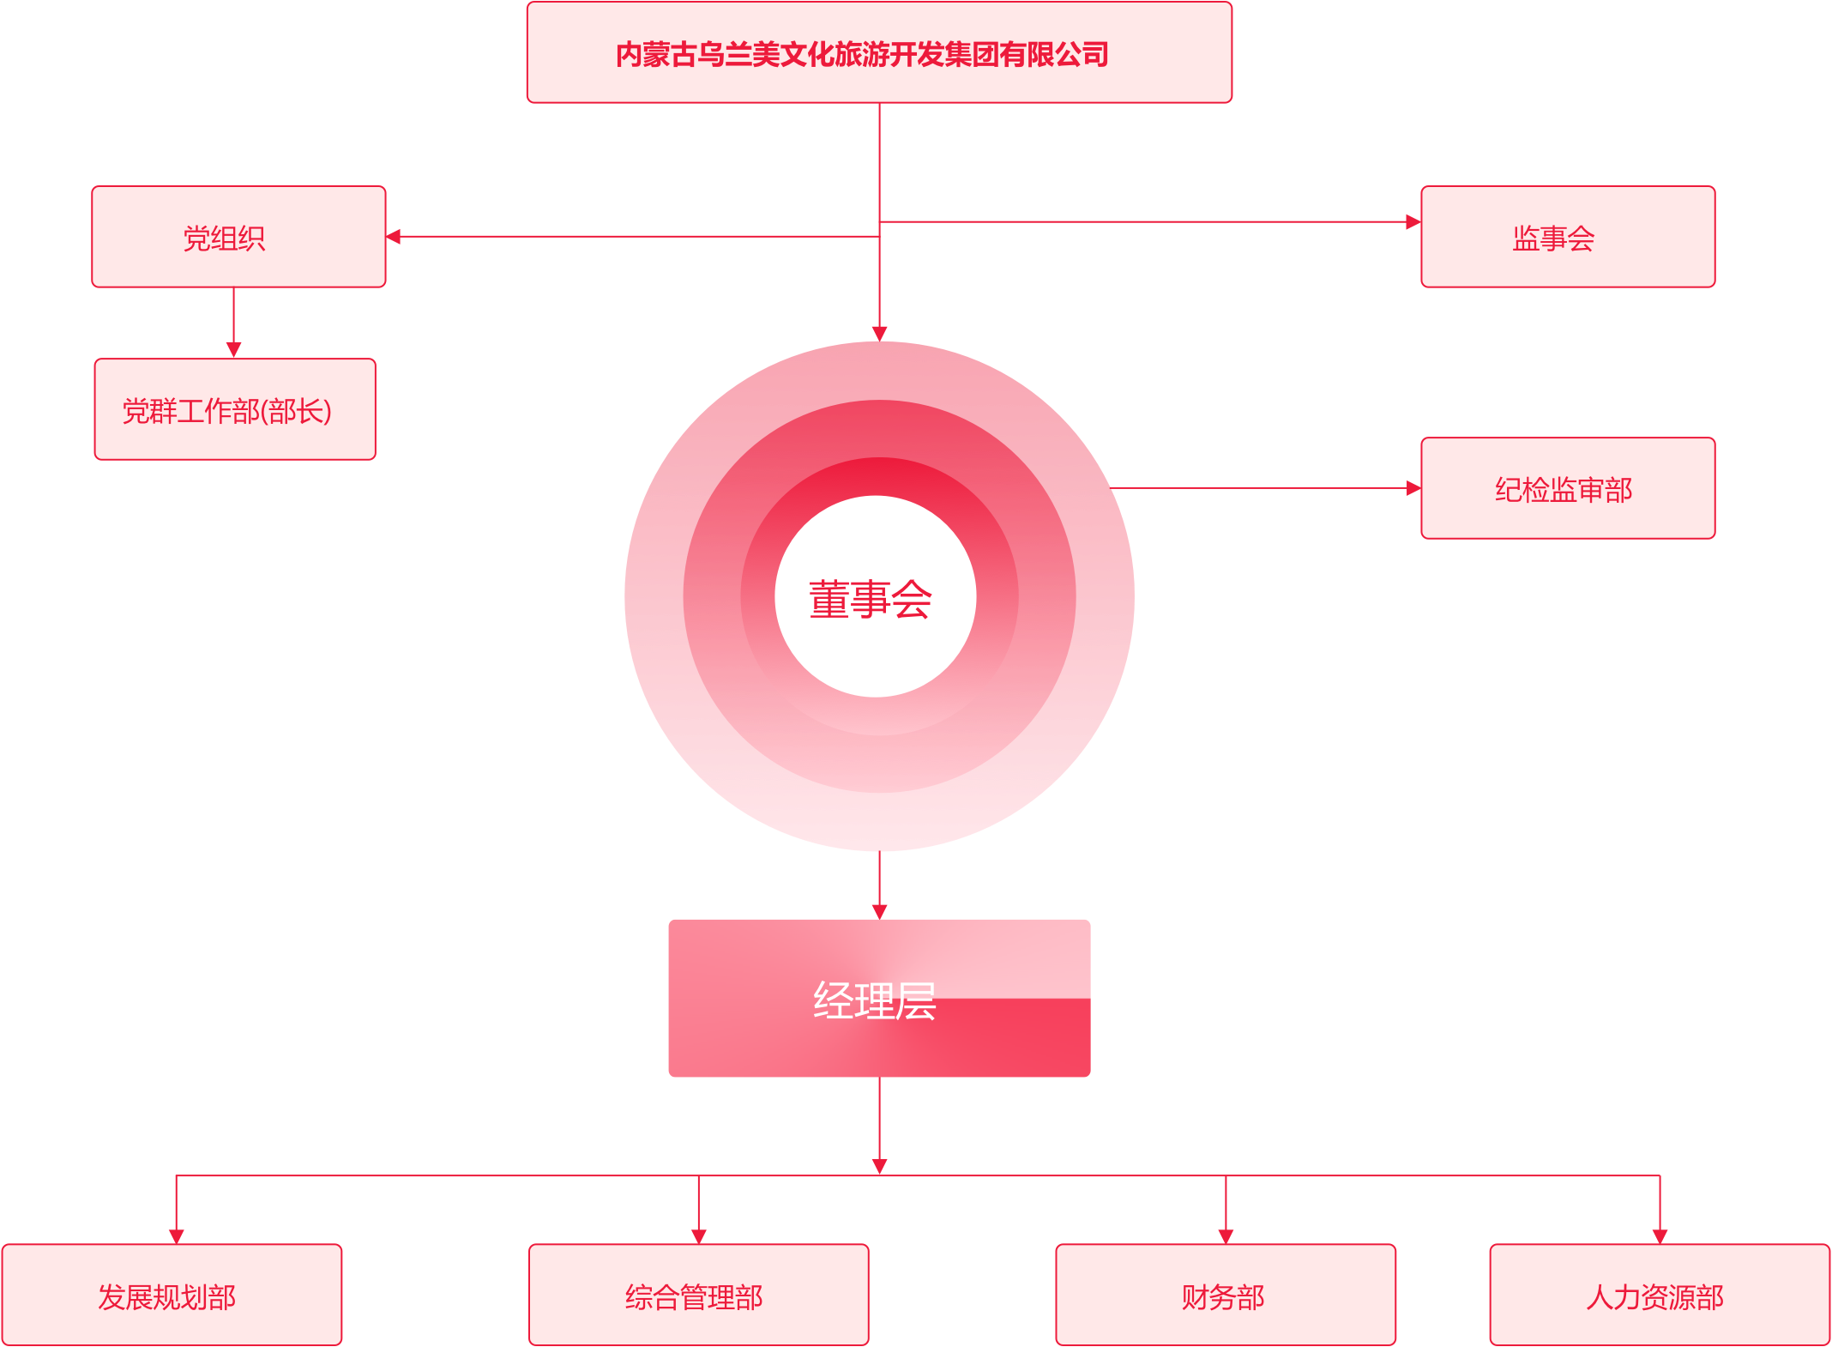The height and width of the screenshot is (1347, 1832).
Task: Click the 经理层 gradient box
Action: (879, 998)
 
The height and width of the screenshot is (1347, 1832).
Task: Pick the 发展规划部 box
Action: (172, 1296)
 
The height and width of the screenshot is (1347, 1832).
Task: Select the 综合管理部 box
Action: (698, 1296)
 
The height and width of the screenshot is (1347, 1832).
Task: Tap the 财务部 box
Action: (1226, 1296)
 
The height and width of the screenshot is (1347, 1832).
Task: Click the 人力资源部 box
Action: (1660, 1296)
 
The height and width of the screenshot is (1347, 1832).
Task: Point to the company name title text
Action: (862, 54)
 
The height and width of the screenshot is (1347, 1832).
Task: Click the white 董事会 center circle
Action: (875, 597)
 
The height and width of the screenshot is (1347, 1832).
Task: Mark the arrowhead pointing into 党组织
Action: (394, 236)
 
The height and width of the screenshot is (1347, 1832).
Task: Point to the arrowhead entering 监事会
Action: (1413, 222)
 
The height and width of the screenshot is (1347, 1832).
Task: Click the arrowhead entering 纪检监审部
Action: (1413, 488)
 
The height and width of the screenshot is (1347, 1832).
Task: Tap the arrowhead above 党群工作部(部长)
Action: (233, 349)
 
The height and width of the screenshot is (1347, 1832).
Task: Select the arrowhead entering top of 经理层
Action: (879, 910)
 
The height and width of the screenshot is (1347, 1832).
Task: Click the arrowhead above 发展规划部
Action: (176, 1235)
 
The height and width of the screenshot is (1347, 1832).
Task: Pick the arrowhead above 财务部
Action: (1226, 1235)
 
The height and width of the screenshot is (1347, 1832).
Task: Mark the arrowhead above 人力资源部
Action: (1660, 1235)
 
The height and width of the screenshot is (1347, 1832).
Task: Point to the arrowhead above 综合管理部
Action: (698, 1235)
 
